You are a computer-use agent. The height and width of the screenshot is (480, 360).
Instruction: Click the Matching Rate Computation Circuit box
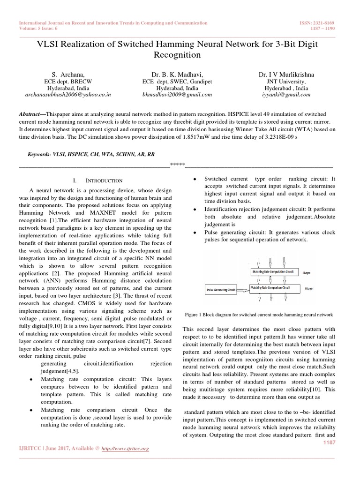pyautogui.click(x=273, y=272)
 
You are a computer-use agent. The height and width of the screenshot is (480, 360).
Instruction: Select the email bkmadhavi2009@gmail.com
pyautogui.click(x=177, y=94)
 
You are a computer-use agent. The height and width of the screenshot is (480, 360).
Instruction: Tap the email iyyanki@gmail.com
pyautogui.click(x=286, y=94)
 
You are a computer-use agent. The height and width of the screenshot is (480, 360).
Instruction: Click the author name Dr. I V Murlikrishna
pyautogui.click(x=286, y=75)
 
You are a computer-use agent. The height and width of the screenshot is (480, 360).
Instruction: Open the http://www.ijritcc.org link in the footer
pyautogui.click(x=125, y=449)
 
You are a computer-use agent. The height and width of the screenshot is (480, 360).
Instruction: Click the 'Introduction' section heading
pyautogui.click(x=104, y=180)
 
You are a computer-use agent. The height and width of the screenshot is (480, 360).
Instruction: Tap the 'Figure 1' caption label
pyautogui.click(x=193, y=315)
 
